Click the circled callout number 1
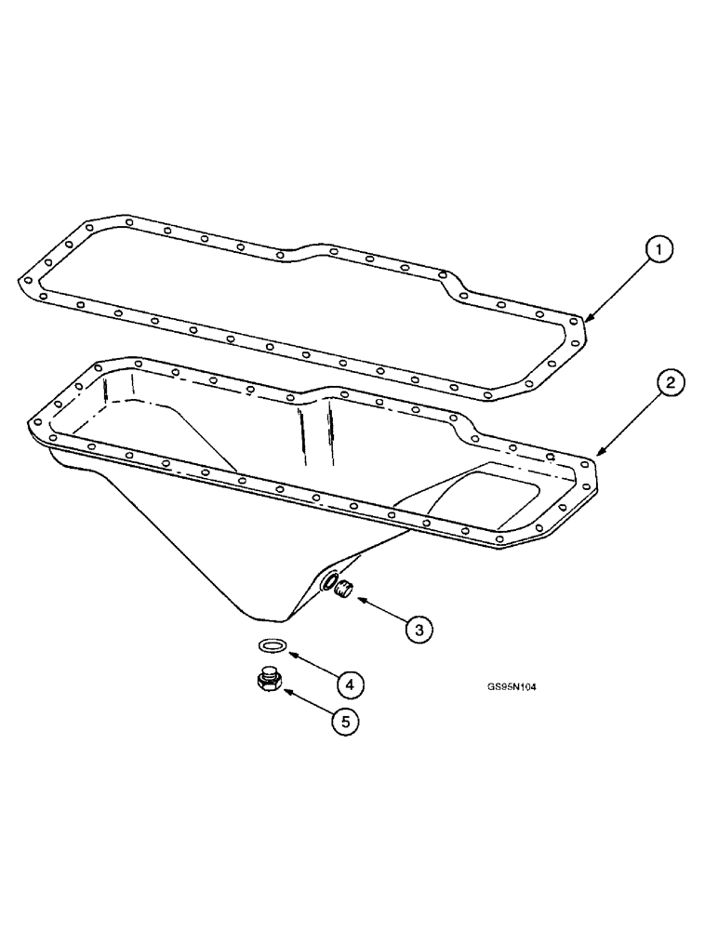click(658, 249)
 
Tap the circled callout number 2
click(671, 382)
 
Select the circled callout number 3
click(419, 629)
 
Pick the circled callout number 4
click(348, 685)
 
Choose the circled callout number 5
click(345, 720)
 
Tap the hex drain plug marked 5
click(269, 682)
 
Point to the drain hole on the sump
click(329, 581)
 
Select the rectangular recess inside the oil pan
click(502, 493)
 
